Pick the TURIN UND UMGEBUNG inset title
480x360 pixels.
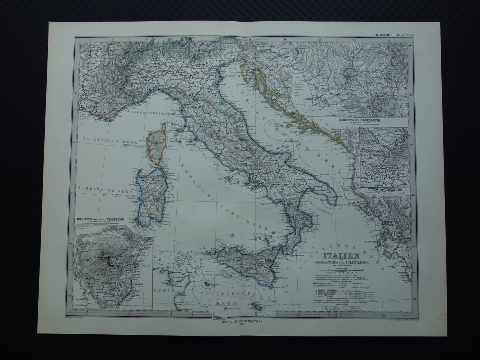(384, 189)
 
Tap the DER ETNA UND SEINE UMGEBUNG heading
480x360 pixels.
(98, 220)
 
